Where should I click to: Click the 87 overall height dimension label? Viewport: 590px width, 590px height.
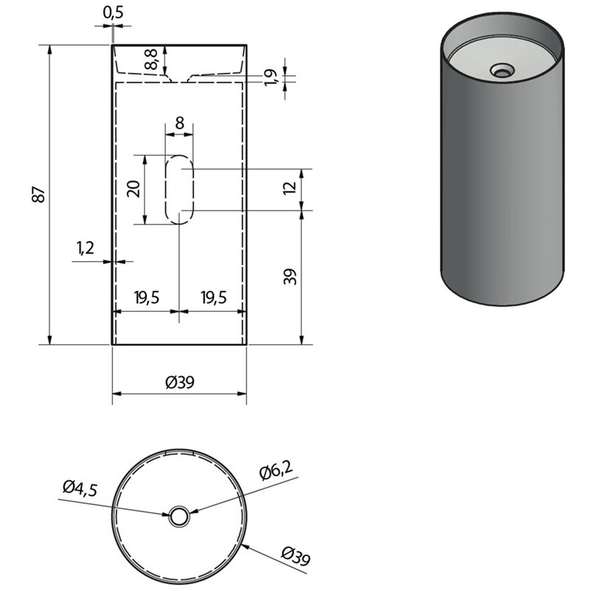click(x=39, y=194)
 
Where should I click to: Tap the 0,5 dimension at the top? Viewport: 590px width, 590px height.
click(x=114, y=13)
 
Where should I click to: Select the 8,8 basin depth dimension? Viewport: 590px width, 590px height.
click(x=151, y=59)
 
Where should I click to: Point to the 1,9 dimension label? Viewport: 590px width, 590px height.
click(x=271, y=77)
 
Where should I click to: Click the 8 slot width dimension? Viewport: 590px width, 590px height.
click(x=180, y=123)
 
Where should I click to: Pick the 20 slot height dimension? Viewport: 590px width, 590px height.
click(x=134, y=189)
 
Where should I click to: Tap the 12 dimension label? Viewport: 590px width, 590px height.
click(x=290, y=188)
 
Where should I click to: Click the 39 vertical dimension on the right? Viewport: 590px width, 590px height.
click(x=290, y=277)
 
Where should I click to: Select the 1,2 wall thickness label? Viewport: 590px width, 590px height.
click(x=86, y=248)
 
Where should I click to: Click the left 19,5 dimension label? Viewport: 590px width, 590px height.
click(x=147, y=298)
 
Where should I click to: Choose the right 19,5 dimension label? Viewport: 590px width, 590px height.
click(x=214, y=298)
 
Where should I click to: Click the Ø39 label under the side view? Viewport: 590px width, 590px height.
click(x=180, y=383)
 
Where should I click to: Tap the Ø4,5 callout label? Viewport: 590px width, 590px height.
click(x=80, y=489)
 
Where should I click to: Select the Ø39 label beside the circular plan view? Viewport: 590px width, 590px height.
click(x=296, y=557)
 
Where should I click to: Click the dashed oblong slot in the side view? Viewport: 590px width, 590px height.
click(x=180, y=190)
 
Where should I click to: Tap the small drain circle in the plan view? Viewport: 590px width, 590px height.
click(x=179, y=517)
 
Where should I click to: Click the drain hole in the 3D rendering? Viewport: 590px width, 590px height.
click(x=502, y=70)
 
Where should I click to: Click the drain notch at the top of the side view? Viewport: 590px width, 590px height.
click(x=180, y=78)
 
